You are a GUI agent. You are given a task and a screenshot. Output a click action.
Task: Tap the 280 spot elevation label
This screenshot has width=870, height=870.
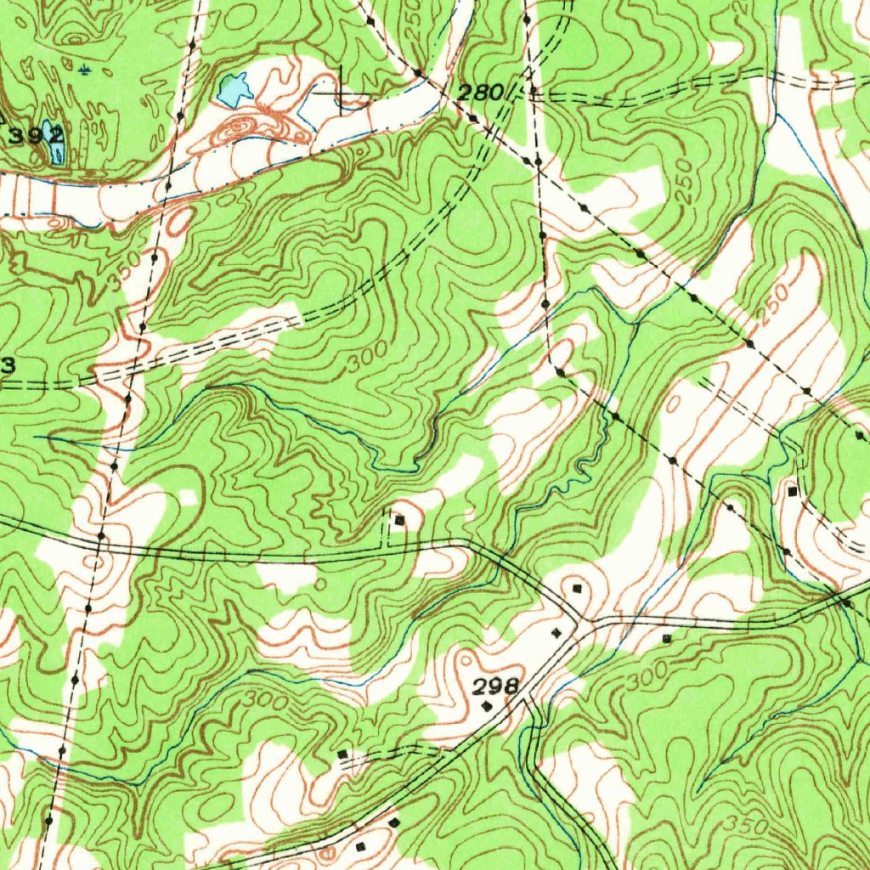(x=480, y=92)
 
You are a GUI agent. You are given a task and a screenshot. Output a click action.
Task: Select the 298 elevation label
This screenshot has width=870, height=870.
(x=494, y=685)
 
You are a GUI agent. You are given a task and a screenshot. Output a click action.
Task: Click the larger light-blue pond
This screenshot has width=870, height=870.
(x=234, y=89)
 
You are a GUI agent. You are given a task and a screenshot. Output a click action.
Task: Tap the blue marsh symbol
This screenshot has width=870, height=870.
(x=83, y=69)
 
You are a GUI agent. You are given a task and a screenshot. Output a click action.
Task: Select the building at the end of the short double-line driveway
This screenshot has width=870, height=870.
(x=398, y=519)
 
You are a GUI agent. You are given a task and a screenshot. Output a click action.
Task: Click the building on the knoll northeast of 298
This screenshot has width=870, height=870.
(x=578, y=588)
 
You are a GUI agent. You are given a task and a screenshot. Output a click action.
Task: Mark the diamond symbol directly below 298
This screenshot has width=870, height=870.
(x=486, y=705)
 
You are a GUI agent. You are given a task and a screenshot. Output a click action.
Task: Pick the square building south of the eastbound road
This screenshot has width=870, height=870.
(x=666, y=637)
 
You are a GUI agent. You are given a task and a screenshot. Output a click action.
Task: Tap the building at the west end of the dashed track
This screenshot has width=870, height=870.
(x=342, y=754)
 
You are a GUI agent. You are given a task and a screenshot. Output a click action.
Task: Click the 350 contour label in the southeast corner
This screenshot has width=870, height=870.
(x=748, y=825)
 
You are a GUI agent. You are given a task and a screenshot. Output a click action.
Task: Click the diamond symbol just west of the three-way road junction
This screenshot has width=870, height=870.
(x=557, y=632)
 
